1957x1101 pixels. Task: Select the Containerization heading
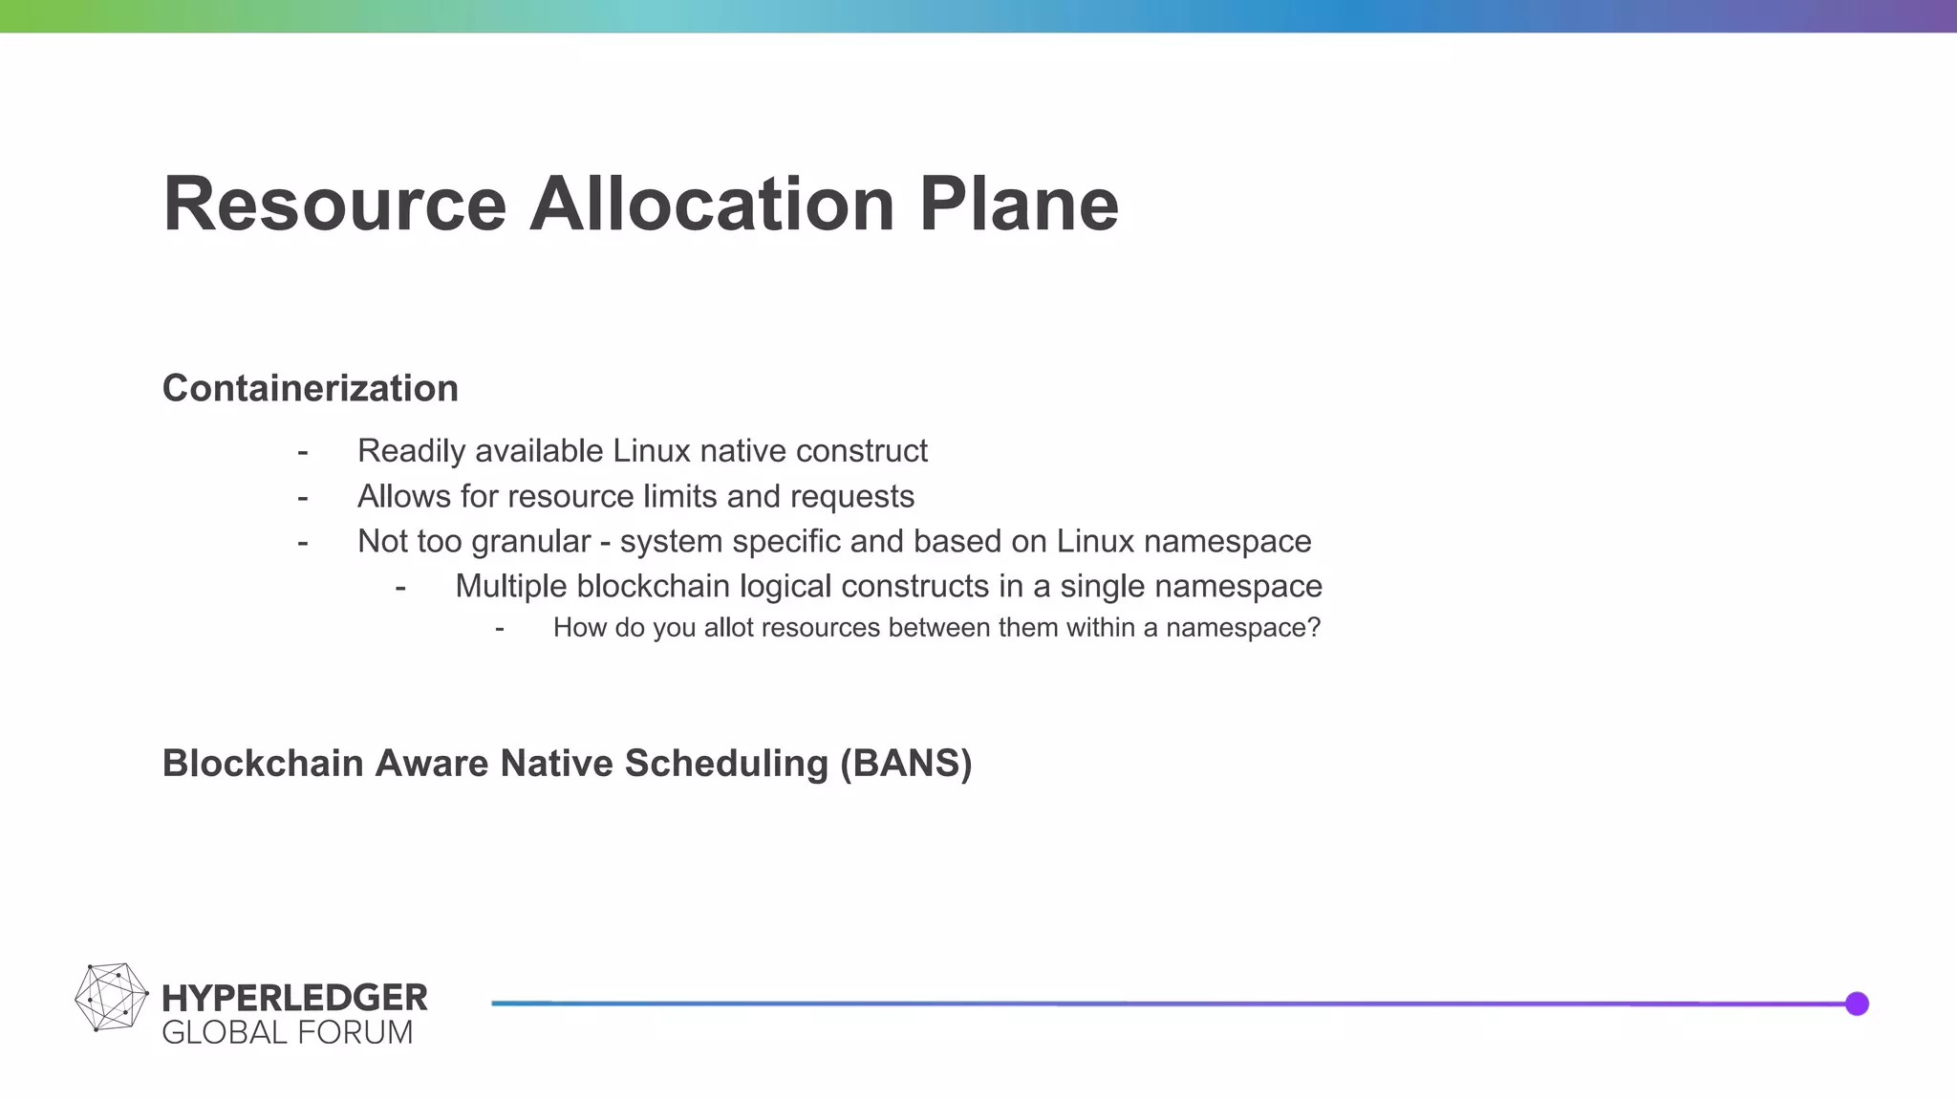click(x=311, y=388)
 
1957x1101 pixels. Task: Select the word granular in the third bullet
click(x=531, y=542)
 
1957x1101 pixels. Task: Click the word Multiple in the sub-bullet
click(x=511, y=586)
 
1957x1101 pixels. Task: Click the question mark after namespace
click(x=1314, y=628)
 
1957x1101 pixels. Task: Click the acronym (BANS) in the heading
click(x=906, y=764)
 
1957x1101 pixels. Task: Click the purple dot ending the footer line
click(x=1857, y=1004)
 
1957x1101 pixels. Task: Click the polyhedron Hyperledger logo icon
click(x=111, y=998)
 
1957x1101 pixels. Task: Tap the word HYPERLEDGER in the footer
click(x=294, y=998)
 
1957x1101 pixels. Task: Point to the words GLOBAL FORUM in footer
click(x=288, y=1033)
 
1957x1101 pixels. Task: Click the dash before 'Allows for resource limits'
click(x=303, y=498)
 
